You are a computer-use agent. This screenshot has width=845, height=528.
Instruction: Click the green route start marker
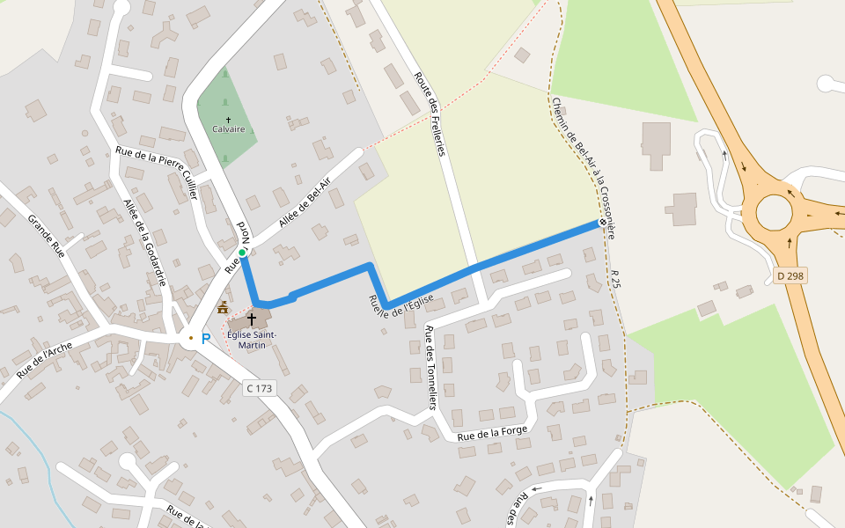242,253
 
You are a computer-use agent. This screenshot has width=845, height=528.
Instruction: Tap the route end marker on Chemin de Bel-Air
603,223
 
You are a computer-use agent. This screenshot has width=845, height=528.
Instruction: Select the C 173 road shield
260,388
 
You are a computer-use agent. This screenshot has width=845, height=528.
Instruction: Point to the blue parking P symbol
206,339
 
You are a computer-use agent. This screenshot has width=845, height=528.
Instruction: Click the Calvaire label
229,128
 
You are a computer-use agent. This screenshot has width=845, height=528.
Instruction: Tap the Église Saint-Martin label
252,340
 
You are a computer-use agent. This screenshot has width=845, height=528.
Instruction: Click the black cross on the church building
252,319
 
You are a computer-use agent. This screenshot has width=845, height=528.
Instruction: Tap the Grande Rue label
46,235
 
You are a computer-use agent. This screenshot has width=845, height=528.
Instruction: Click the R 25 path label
614,280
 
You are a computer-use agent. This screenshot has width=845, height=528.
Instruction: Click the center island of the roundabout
774,211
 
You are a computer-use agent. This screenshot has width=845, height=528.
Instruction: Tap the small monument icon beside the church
223,307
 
